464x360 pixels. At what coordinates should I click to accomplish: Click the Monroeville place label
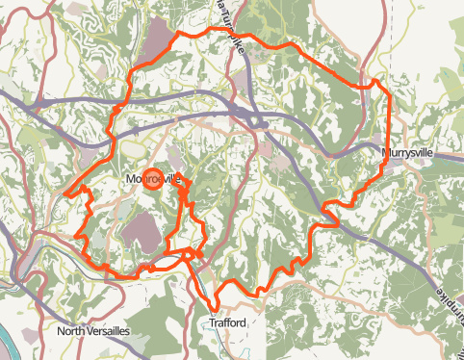153,179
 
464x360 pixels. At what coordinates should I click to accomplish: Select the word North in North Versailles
72,332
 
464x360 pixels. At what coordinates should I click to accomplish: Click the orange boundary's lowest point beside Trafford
215,306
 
